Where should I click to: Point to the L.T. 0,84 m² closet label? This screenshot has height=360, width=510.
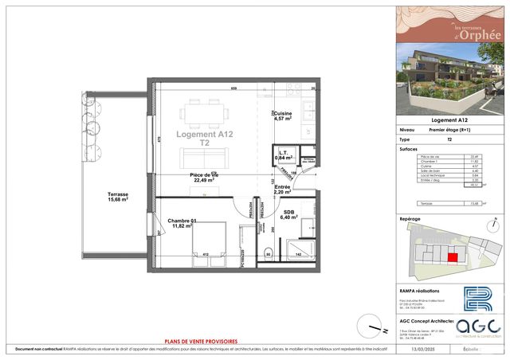pos(283,155)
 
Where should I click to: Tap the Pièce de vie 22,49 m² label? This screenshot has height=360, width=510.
pos(205,177)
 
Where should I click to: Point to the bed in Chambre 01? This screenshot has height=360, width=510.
pos(205,239)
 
